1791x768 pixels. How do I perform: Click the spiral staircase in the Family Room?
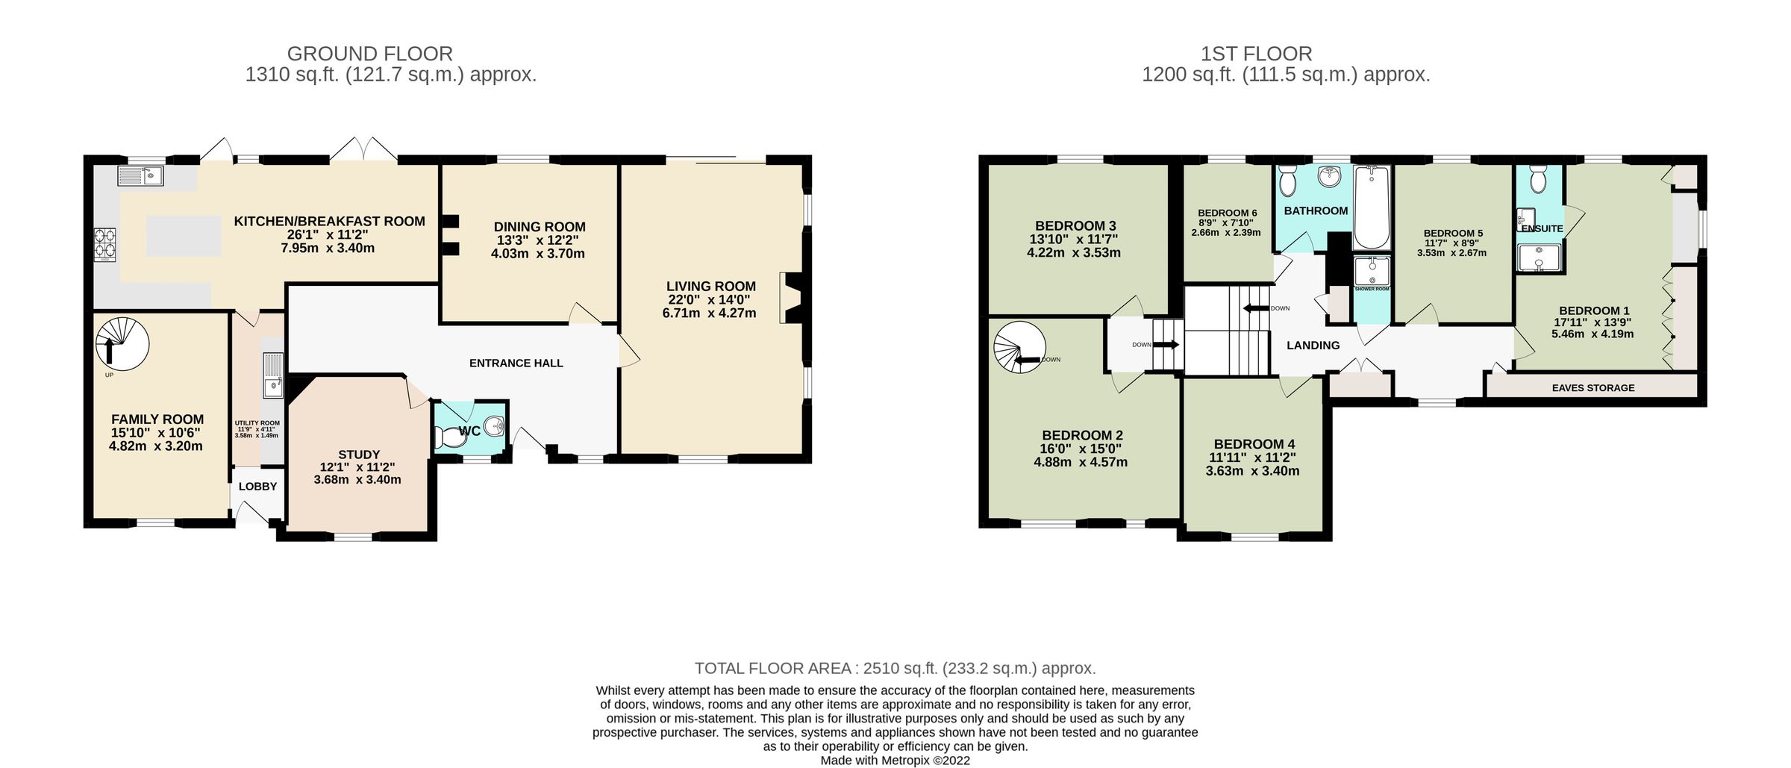pos(122,344)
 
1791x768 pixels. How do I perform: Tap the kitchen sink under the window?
pos(140,177)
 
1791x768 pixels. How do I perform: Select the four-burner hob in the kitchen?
pos(104,243)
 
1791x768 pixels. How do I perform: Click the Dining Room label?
pos(540,227)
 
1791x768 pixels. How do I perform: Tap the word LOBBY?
pos(257,487)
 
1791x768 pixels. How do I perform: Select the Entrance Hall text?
pos(516,363)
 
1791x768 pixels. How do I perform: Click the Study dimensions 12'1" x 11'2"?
pos(357,467)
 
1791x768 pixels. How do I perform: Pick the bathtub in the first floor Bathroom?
pos(1372,207)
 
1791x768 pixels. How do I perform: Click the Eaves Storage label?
pos(1592,388)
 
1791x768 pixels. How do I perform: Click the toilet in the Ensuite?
pos(1537,179)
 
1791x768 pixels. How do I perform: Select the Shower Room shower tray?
pos(1372,272)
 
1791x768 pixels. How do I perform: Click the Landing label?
pos(1313,346)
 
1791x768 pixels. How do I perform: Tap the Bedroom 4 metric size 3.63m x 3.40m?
pos(1254,471)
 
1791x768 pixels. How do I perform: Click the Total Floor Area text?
pos(894,668)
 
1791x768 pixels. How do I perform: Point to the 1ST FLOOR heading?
pos(1256,54)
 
